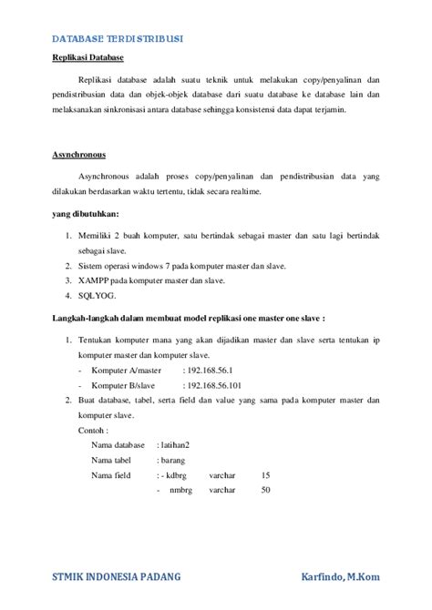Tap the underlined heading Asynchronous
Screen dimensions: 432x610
coord(78,155)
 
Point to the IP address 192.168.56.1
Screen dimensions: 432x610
coord(207,371)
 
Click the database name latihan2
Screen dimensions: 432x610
coord(180,445)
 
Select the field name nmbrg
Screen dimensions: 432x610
coord(180,491)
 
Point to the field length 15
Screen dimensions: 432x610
coord(265,475)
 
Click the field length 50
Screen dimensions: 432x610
coord(265,491)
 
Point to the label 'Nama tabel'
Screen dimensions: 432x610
coord(114,460)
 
